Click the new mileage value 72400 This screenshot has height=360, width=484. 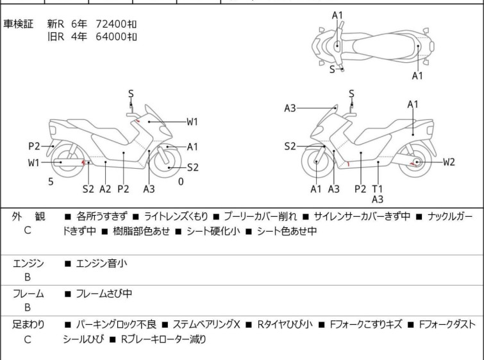(113, 24)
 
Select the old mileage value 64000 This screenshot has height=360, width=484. (113, 36)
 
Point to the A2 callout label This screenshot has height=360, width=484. (106, 189)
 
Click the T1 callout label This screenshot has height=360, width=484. (378, 189)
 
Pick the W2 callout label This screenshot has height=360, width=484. (449, 162)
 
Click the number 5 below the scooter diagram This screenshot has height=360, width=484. (51, 182)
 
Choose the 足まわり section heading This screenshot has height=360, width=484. (29, 325)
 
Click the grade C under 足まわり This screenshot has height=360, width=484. (28, 339)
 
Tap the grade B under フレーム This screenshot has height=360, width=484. (28, 308)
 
